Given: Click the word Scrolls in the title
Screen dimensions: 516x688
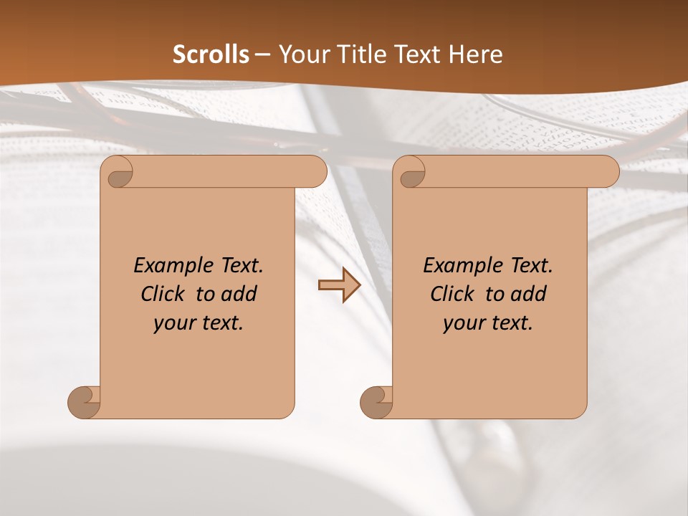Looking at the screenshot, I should (x=211, y=54).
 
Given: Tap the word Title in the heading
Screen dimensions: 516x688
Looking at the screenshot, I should (x=357, y=54).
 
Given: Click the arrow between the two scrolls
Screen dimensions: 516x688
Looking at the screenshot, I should (x=339, y=285).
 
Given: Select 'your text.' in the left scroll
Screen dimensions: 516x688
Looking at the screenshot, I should (x=199, y=323).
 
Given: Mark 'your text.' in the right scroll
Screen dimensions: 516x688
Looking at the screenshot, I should (x=488, y=323).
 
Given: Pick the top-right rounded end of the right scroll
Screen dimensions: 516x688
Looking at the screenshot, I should (x=606, y=172).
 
